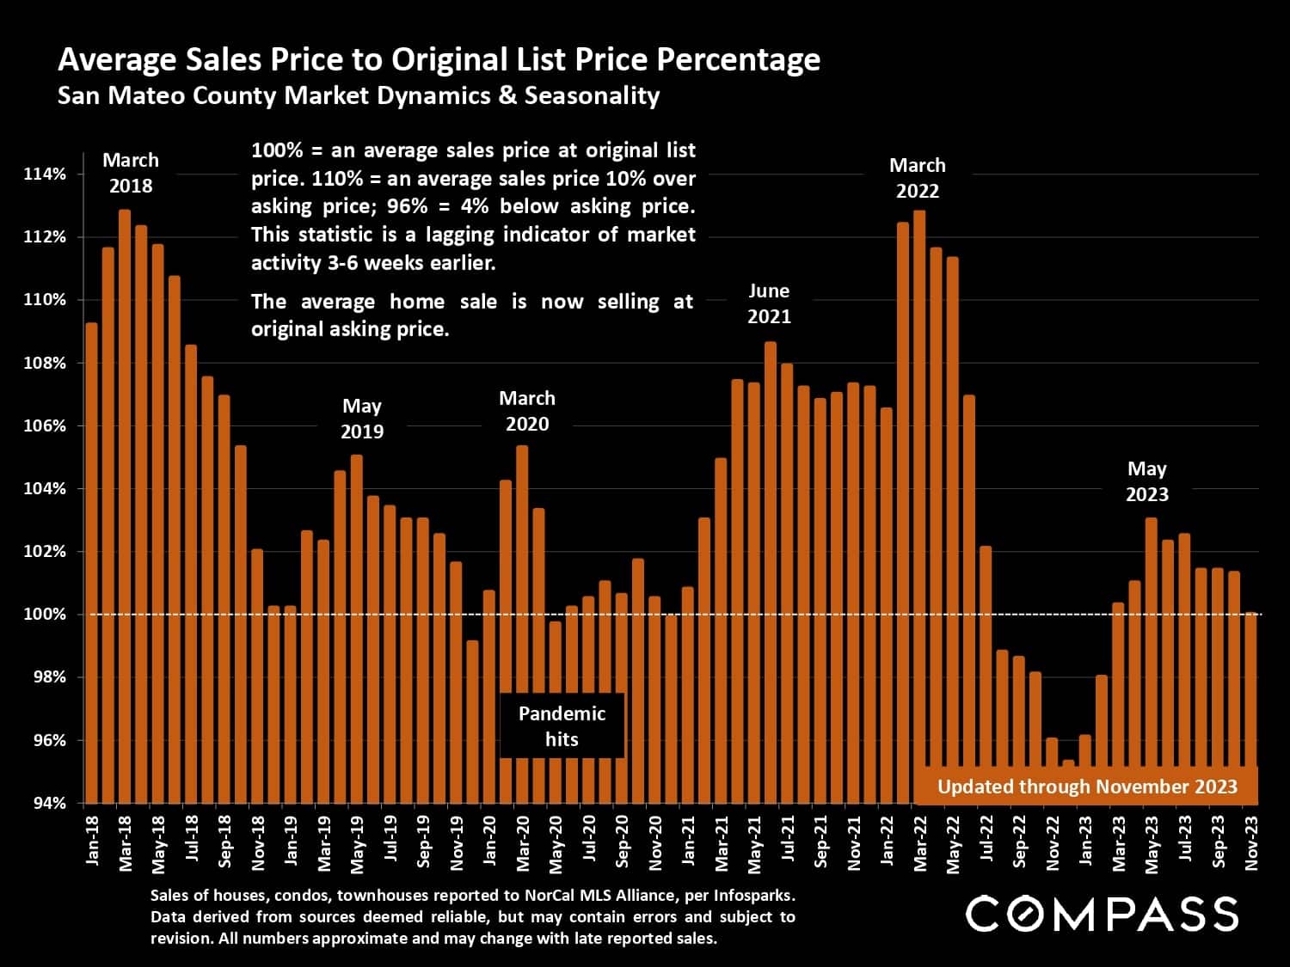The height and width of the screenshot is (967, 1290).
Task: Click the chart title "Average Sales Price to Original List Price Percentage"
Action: click(x=439, y=59)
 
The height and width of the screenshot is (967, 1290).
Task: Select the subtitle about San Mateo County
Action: click(x=358, y=95)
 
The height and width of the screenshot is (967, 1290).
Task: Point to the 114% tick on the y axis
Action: click(x=45, y=174)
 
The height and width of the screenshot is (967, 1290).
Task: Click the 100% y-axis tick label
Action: click(x=45, y=614)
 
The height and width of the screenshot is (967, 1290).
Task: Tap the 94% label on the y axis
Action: click(x=48, y=803)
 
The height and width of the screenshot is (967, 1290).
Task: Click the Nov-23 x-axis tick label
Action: click(x=1251, y=842)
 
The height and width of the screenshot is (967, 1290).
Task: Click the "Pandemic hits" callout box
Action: click(x=562, y=726)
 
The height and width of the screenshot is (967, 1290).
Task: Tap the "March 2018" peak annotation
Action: click(x=131, y=173)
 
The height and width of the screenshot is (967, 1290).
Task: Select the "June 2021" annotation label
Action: click(x=769, y=303)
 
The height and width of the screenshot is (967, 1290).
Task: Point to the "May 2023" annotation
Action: click(x=1147, y=481)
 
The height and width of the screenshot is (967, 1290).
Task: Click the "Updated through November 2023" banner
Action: click(x=1087, y=786)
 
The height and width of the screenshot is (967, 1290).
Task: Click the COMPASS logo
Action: click(x=1102, y=913)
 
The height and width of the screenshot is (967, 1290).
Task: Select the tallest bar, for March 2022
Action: click(x=919, y=507)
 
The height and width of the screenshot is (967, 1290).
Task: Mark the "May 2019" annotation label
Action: click(x=362, y=419)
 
